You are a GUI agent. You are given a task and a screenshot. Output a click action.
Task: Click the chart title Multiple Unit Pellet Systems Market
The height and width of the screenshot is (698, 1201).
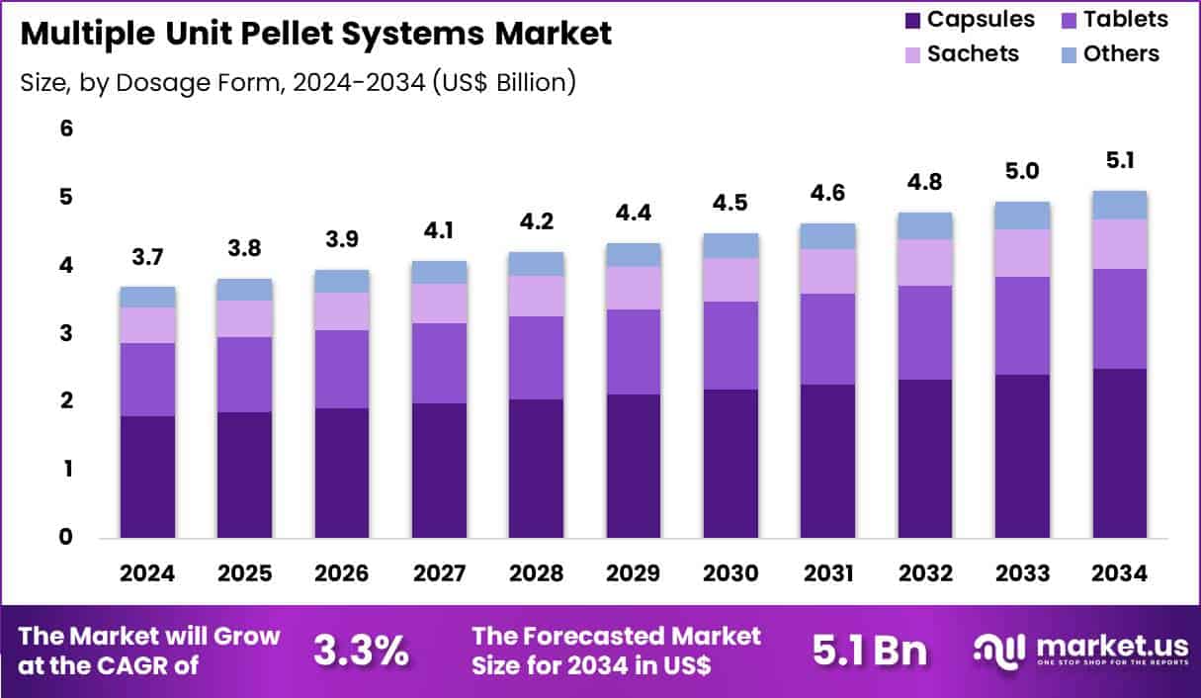click(315, 34)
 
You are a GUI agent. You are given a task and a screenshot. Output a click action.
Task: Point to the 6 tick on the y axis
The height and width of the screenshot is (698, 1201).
click(67, 129)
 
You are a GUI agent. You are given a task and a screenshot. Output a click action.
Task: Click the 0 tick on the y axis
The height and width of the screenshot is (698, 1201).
click(67, 537)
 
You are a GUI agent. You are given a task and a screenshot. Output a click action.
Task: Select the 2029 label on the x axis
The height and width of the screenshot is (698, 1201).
click(633, 574)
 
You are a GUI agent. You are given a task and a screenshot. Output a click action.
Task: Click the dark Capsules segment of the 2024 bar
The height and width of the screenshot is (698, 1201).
click(147, 477)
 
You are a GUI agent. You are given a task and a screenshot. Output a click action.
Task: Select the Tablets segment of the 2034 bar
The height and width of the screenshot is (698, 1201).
click(1119, 318)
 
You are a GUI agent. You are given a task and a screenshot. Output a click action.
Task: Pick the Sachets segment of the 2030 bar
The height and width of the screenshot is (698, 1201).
click(730, 280)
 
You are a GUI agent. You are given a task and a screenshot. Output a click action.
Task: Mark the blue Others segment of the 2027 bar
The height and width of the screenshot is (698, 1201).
click(439, 272)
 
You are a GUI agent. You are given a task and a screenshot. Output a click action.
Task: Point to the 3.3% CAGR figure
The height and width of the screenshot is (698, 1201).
click(361, 650)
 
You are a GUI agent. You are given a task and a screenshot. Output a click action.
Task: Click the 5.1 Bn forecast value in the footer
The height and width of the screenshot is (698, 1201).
click(870, 650)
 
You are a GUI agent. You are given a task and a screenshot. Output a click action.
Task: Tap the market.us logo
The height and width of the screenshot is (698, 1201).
click(1080, 650)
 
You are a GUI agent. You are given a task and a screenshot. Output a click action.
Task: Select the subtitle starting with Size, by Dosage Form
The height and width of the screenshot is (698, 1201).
click(298, 82)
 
